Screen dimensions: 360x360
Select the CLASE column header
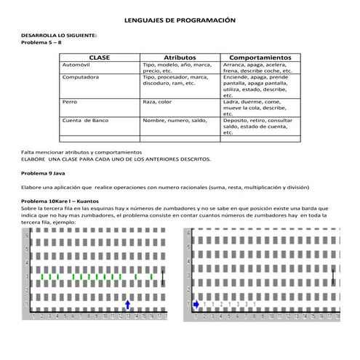point(100,57)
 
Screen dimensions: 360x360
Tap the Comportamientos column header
point(260,57)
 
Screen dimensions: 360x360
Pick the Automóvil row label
point(78,65)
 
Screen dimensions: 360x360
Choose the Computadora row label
point(81,77)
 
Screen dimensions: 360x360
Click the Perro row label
point(70,103)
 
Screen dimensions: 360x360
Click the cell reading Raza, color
point(158,103)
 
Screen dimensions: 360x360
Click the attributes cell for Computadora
point(175,80)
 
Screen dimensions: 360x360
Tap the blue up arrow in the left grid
point(128,304)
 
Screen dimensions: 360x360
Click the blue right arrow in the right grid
point(196,304)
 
